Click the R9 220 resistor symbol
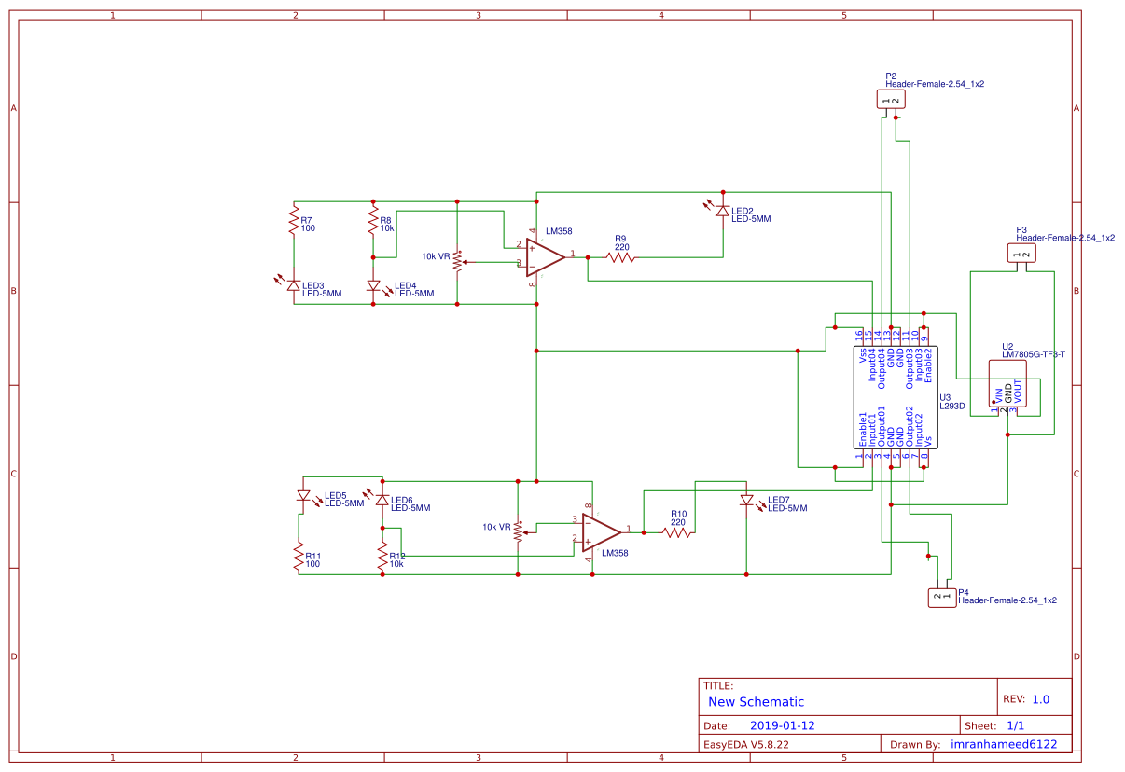pyautogui.click(x=620, y=256)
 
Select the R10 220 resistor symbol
pyautogui.click(x=676, y=532)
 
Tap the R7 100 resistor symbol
pyautogui.click(x=294, y=224)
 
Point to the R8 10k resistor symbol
pyautogui.click(x=373, y=224)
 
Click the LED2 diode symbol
pyautogui.click(x=722, y=212)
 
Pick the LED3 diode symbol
pyautogui.click(x=294, y=286)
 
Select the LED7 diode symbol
pyautogui.click(x=745, y=501)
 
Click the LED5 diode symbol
pyautogui.click(x=302, y=496)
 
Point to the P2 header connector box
pyautogui.click(x=890, y=100)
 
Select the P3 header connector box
pyautogui.click(x=1021, y=254)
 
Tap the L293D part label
pyautogui.click(x=951, y=407)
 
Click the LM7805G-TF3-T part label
pyautogui.click(x=1034, y=354)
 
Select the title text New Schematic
pyautogui.click(x=756, y=702)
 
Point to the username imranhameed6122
pyautogui.click(x=1003, y=745)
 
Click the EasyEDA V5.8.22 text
pyautogui.click(x=746, y=745)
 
